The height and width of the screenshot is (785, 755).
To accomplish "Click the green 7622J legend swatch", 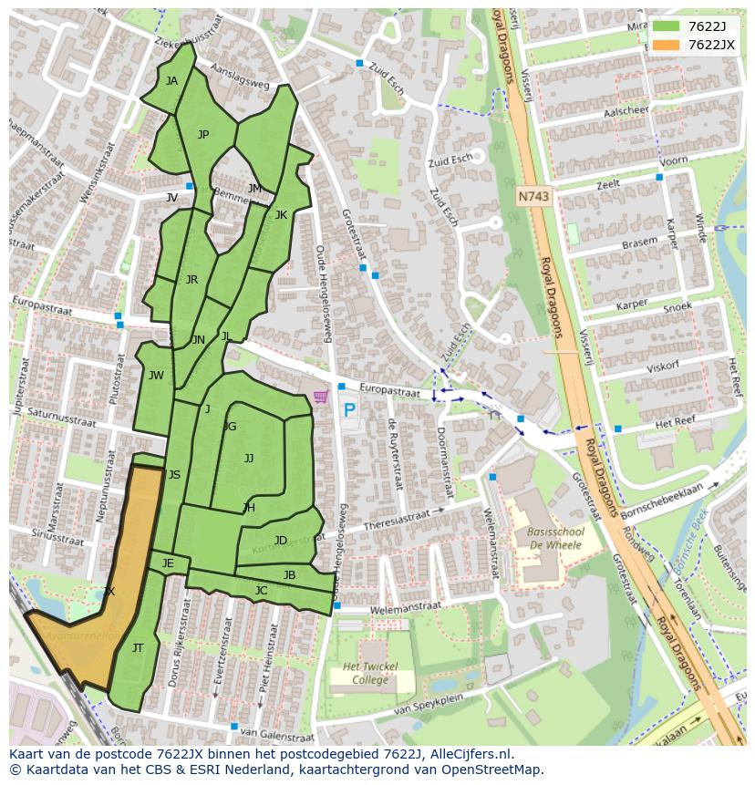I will pyautogui.click(x=667, y=27).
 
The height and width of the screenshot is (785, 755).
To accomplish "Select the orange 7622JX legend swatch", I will pyautogui.click(x=667, y=45).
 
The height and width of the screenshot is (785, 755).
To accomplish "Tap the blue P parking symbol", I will pyautogui.click(x=348, y=410).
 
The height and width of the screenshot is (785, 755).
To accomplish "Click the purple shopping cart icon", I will pyautogui.click(x=320, y=397).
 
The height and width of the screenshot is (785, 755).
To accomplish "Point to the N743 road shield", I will pyautogui.click(x=534, y=196).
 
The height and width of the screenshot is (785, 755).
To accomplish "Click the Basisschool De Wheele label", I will pyautogui.click(x=554, y=538).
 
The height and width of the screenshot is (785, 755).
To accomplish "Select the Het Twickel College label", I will pyautogui.click(x=370, y=674).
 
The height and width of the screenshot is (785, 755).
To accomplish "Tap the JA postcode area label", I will pyautogui.click(x=171, y=80).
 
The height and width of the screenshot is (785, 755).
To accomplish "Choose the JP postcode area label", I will pyautogui.click(x=203, y=135).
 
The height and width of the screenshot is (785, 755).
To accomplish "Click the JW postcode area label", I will pyautogui.click(x=156, y=376).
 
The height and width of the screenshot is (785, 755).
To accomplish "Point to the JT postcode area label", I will pyautogui.click(x=138, y=648).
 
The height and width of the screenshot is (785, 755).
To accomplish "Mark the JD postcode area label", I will pyautogui.click(x=281, y=541).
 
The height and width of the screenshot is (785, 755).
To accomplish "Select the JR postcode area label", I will pyautogui.click(x=191, y=280).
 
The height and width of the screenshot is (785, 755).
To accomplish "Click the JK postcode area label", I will pyautogui.click(x=281, y=215).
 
